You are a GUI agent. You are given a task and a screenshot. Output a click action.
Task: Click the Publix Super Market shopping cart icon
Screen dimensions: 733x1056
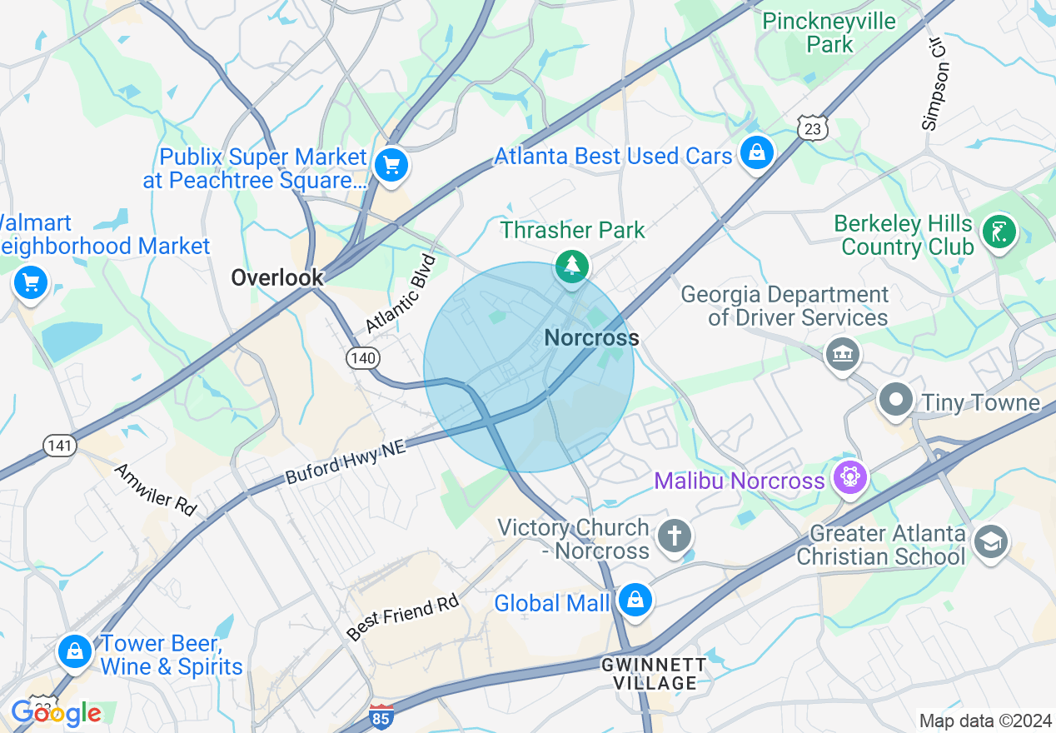(391, 165)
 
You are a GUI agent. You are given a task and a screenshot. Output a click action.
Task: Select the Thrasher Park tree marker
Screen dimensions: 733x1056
(572, 266)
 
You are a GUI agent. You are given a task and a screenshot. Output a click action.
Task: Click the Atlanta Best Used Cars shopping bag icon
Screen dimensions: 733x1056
(756, 152)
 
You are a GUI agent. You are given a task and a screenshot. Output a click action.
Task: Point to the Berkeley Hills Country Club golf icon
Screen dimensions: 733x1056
(998, 231)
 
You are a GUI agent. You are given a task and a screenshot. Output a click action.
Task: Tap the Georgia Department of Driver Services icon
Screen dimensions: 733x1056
(842, 355)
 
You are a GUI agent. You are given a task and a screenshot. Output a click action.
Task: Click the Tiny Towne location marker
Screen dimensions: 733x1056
(896, 400)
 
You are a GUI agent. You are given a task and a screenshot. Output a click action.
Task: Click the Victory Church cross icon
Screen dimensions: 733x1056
(674, 536)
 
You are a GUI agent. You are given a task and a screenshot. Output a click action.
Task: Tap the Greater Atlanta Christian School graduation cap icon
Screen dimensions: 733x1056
(990, 541)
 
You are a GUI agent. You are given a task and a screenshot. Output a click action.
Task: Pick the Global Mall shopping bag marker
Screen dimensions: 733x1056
(635, 600)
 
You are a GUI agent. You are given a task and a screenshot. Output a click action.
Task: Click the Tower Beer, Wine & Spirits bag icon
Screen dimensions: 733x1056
(75, 651)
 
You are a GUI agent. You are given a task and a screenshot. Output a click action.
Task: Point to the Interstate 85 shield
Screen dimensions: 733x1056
(380, 716)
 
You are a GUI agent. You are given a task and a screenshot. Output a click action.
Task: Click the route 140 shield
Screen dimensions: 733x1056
(364, 358)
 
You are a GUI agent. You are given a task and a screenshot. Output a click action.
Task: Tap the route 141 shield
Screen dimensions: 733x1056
(60, 446)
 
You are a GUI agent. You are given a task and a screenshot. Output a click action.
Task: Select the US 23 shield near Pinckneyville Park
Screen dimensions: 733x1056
(812, 128)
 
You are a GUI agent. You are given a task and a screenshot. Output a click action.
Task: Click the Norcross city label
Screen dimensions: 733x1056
(591, 337)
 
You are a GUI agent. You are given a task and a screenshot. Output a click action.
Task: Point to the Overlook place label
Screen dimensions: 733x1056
(277, 277)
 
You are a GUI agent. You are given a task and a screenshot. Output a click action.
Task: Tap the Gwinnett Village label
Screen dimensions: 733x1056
(655, 674)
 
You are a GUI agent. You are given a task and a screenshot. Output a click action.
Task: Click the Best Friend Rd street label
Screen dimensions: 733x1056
(403, 618)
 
